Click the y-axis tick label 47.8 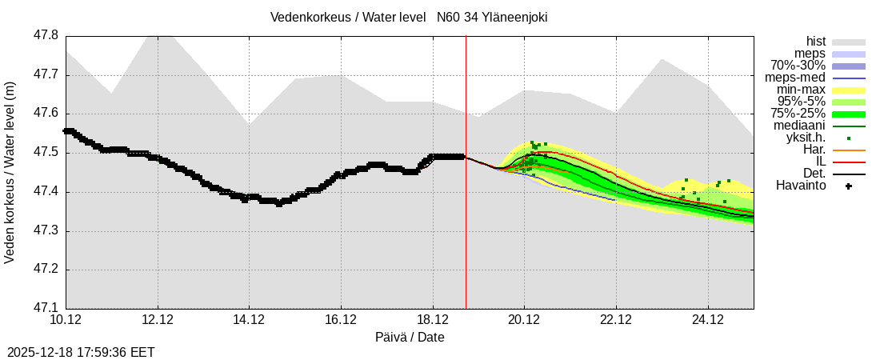(x=45, y=36)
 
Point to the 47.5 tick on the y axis (x=45, y=153)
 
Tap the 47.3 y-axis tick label (x=45, y=231)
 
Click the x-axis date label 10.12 (x=66, y=320)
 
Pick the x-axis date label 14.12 (x=249, y=320)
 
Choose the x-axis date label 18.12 (x=433, y=320)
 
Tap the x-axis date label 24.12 (x=708, y=320)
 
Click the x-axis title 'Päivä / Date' (x=410, y=338)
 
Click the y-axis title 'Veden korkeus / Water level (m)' (x=10, y=172)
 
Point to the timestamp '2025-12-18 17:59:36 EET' (x=81, y=352)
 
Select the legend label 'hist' (x=815, y=42)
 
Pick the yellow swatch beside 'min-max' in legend (x=849, y=90)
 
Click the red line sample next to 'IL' (x=849, y=162)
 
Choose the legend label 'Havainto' (x=801, y=186)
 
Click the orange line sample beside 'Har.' (x=849, y=150)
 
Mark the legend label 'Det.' (x=814, y=174)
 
